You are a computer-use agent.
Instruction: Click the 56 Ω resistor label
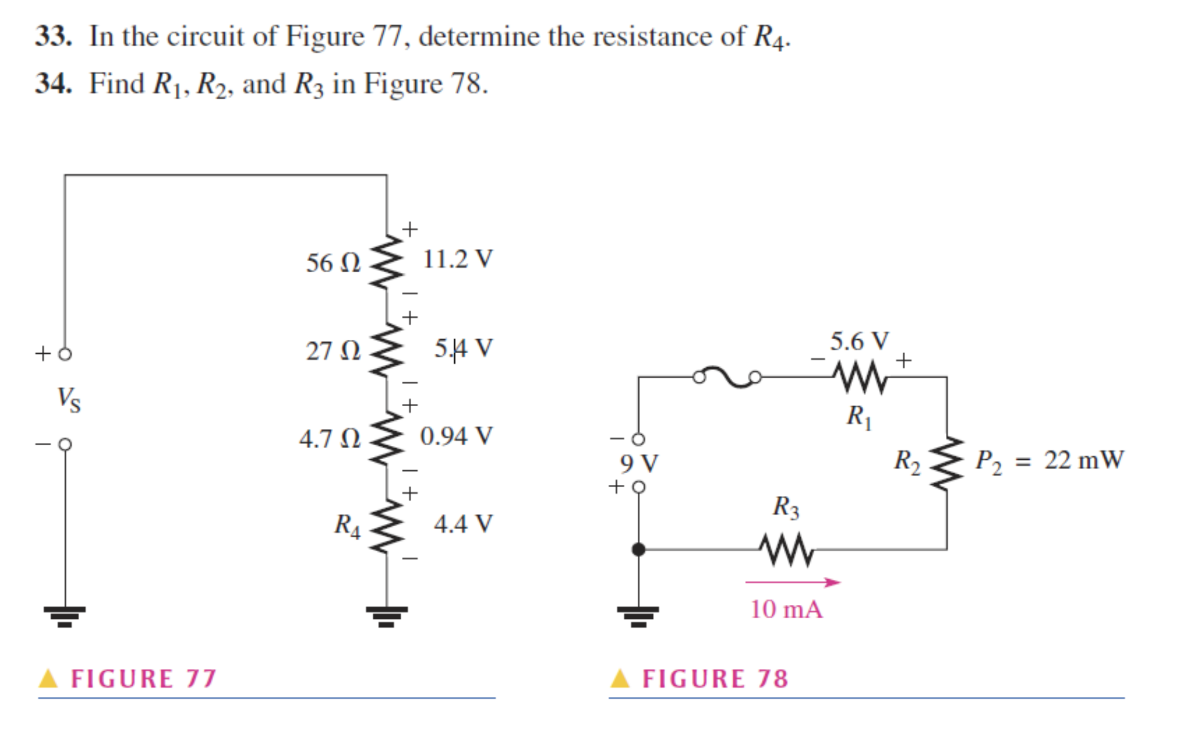tap(333, 263)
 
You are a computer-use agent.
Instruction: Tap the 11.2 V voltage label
tap(458, 259)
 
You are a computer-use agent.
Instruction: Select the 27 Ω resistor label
tap(333, 351)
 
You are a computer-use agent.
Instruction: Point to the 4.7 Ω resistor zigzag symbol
tap(387, 439)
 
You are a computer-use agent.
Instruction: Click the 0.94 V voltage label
tap(456, 436)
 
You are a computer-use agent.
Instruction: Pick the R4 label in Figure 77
tap(347, 525)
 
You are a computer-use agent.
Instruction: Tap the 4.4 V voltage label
tap(463, 524)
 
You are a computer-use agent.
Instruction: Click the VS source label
tap(69, 399)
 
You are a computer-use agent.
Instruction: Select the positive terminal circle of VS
tap(65, 354)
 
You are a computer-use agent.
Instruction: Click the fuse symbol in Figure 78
tap(727, 377)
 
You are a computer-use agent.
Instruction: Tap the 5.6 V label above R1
tap(859, 341)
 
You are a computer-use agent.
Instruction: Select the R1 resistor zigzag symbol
tap(860, 378)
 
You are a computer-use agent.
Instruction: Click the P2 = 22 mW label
tap(1049, 461)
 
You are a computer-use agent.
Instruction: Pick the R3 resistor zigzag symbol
tap(786, 550)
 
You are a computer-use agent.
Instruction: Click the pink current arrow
tap(792, 583)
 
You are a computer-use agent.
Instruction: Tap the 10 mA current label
tap(786, 609)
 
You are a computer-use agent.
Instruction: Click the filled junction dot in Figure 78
tap(638, 550)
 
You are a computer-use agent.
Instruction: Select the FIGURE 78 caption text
tap(715, 679)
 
